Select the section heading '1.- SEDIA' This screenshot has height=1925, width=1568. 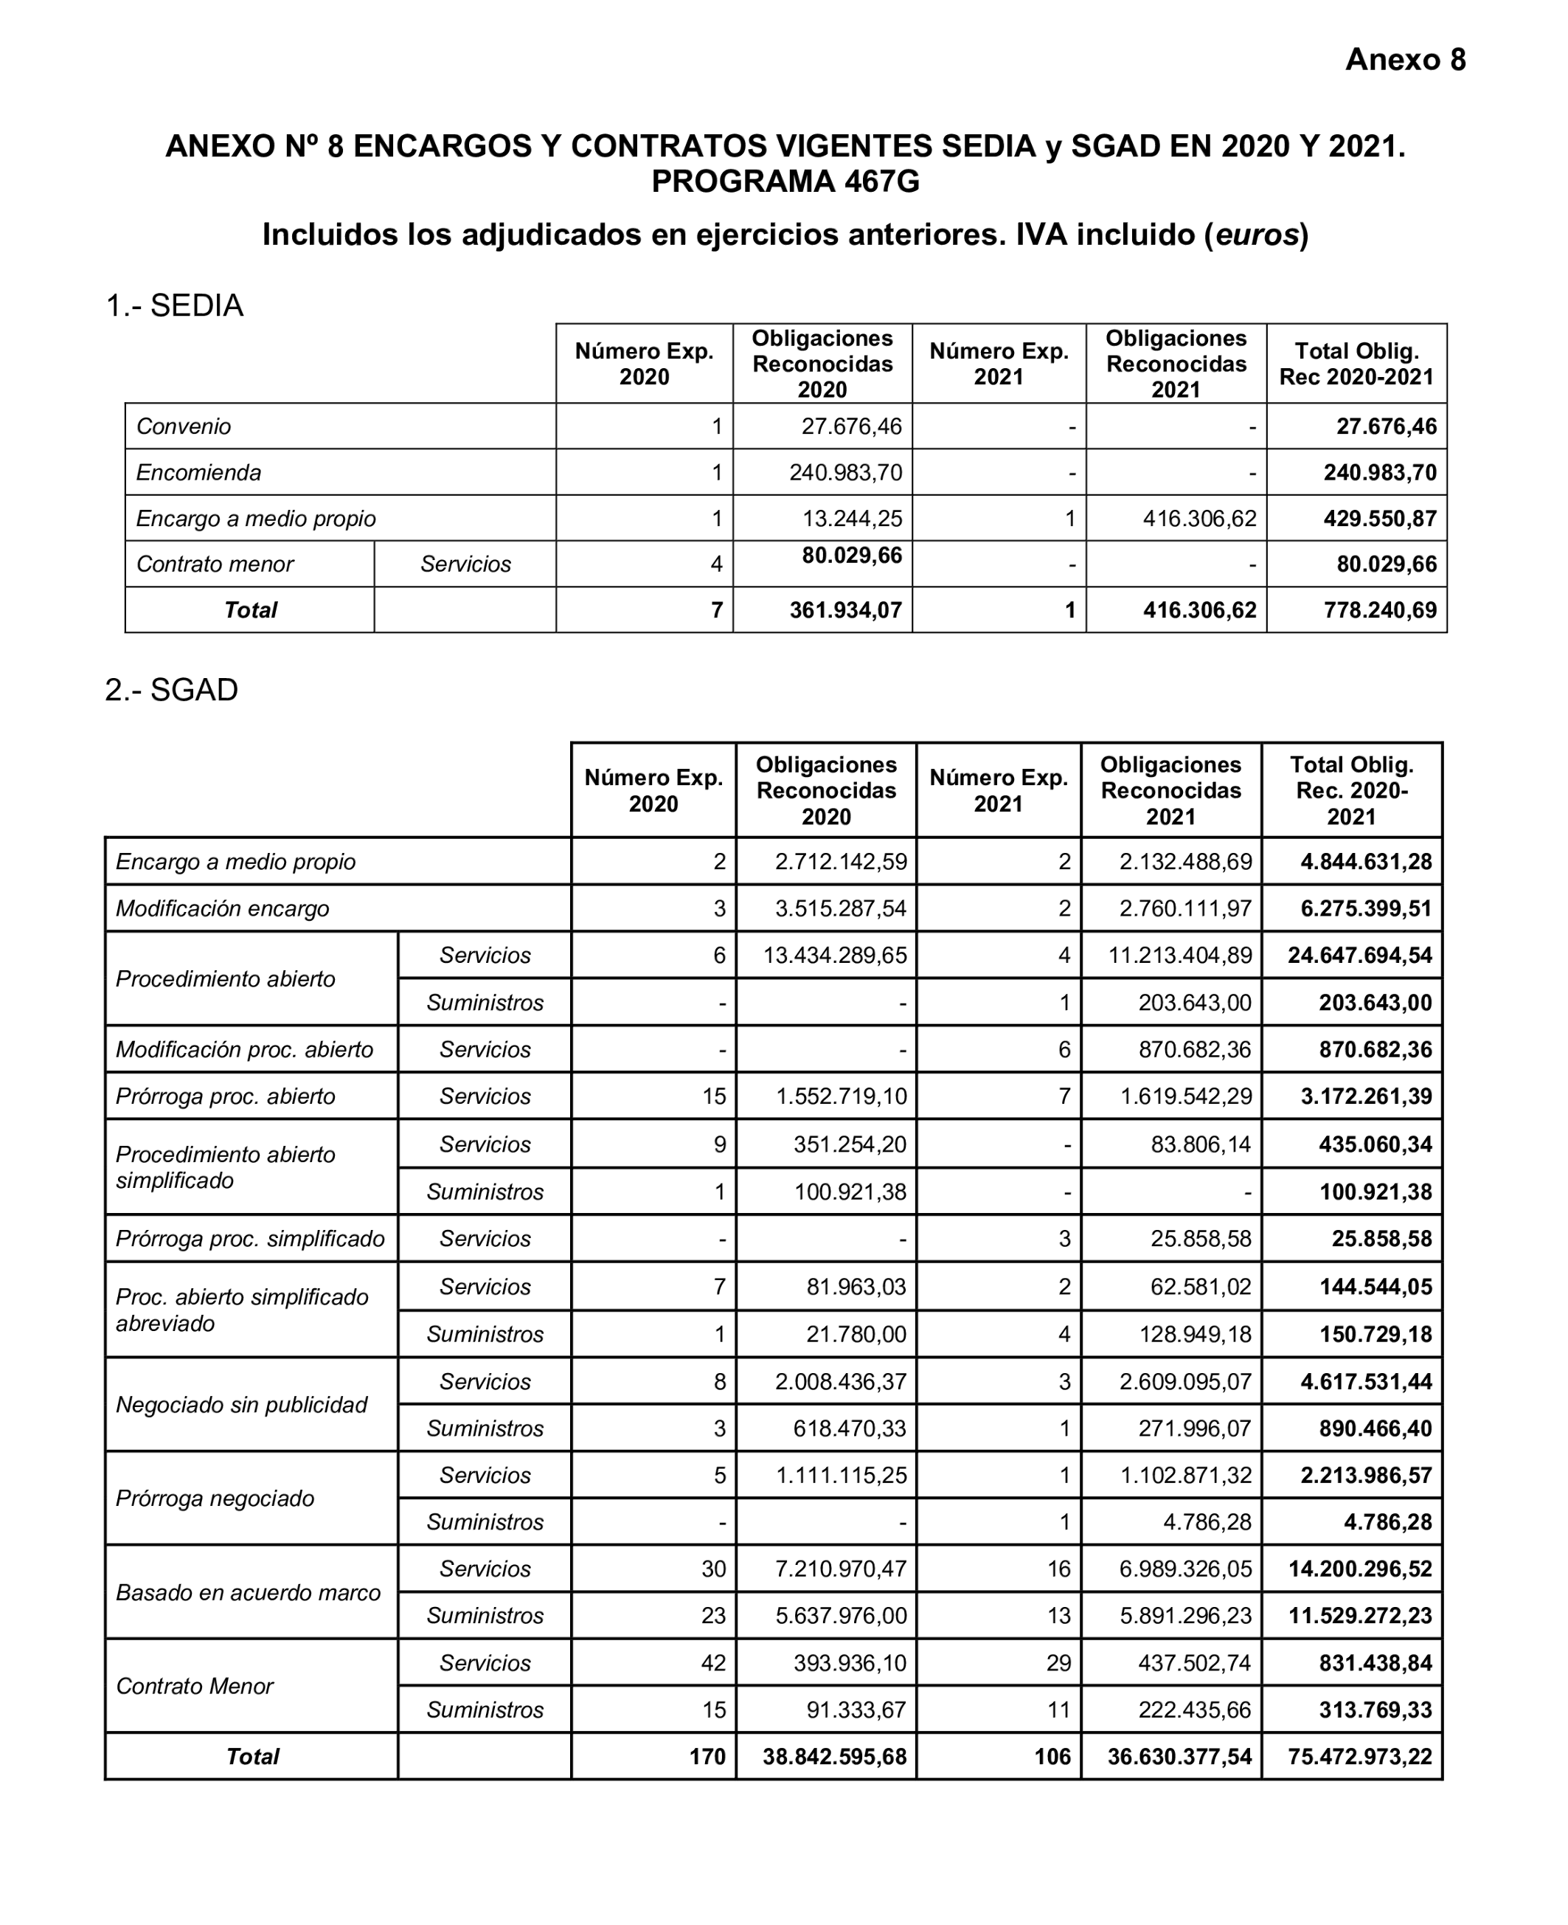point(174,305)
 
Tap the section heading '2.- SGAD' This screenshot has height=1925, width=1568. point(172,689)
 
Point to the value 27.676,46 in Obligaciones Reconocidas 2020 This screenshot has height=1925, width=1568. point(851,426)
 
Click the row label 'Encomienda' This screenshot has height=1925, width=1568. point(198,472)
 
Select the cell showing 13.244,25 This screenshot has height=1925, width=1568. point(852,519)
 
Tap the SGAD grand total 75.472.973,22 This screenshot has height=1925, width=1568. point(1359,1756)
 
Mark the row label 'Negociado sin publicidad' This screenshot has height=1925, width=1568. point(241,1405)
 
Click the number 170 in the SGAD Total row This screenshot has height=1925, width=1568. point(707,1756)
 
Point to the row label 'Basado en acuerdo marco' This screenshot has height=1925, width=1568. point(249,1592)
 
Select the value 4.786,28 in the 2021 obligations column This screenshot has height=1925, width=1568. point(1207,1522)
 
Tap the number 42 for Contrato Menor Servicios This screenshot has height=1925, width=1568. point(712,1663)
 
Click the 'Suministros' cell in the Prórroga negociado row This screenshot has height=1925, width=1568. point(485,1522)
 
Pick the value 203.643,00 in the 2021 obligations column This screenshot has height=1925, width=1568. point(1194,1003)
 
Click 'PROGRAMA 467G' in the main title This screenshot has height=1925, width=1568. point(785,182)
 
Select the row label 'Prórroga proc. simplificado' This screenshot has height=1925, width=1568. point(250,1239)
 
